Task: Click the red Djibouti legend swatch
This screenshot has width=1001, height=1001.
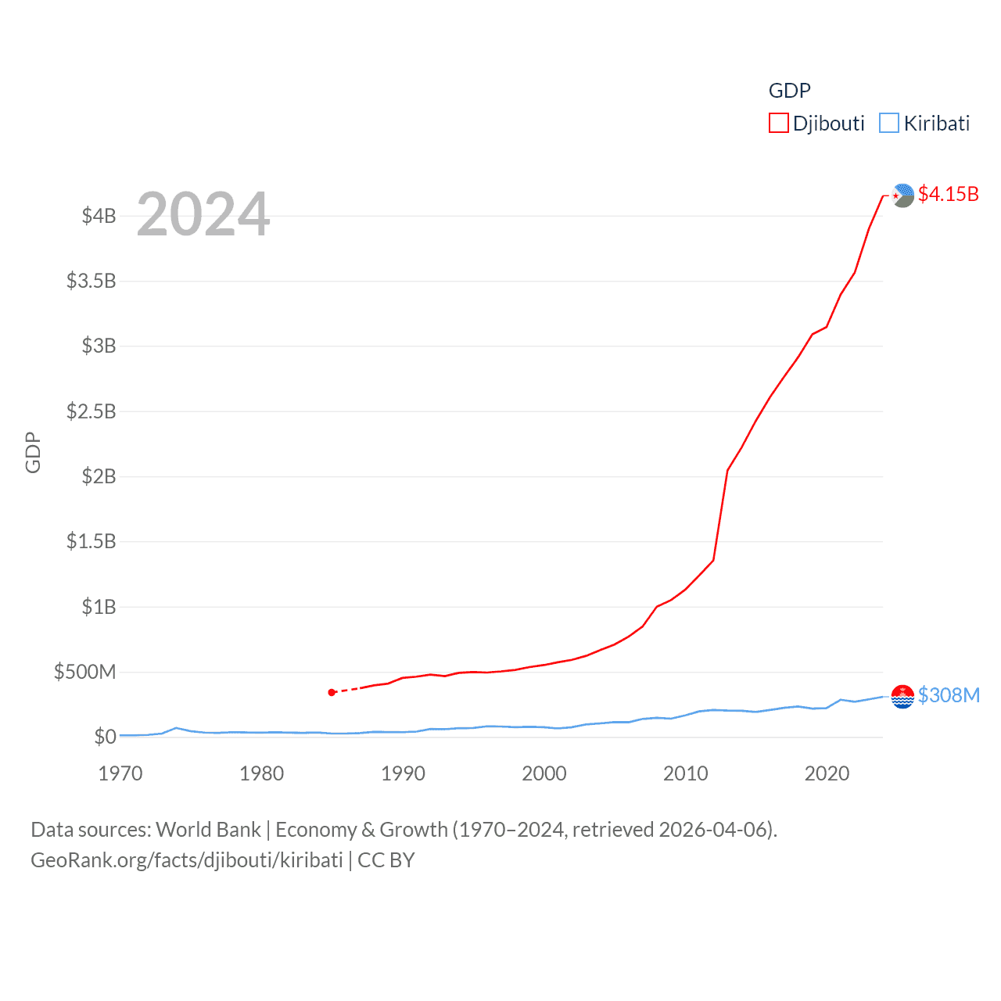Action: [x=778, y=124]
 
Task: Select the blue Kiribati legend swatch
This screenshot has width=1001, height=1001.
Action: [x=889, y=124]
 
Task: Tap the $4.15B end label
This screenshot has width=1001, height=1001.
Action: [x=948, y=194]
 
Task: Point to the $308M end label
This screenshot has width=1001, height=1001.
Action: [x=949, y=695]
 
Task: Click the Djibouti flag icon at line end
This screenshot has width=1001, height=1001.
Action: [x=902, y=196]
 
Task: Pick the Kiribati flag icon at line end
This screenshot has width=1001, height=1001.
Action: [x=902, y=696]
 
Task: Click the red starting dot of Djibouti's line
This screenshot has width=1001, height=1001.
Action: [x=332, y=692]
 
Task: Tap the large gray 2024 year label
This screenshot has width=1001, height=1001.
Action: [x=203, y=214]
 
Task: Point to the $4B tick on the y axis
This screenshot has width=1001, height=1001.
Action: [x=99, y=216]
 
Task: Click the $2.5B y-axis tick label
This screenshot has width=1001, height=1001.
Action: [x=91, y=411]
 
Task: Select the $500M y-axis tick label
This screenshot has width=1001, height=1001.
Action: [x=84, y=672]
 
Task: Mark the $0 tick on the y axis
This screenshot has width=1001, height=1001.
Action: [x=105, y=737]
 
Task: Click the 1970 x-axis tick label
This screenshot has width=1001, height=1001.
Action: [x=120, y=773]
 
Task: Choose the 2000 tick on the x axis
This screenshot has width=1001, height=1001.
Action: [x=544, y=773]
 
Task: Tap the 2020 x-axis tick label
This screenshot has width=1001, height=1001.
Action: [x=827, y=773]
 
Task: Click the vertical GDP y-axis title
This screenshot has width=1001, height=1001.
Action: [x=33, y=452]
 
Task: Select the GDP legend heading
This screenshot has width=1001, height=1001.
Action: [x=789, y=91]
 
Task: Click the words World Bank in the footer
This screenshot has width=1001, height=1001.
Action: [x=208, y=830]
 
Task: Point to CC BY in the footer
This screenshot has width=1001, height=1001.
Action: [x=386, y=860]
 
